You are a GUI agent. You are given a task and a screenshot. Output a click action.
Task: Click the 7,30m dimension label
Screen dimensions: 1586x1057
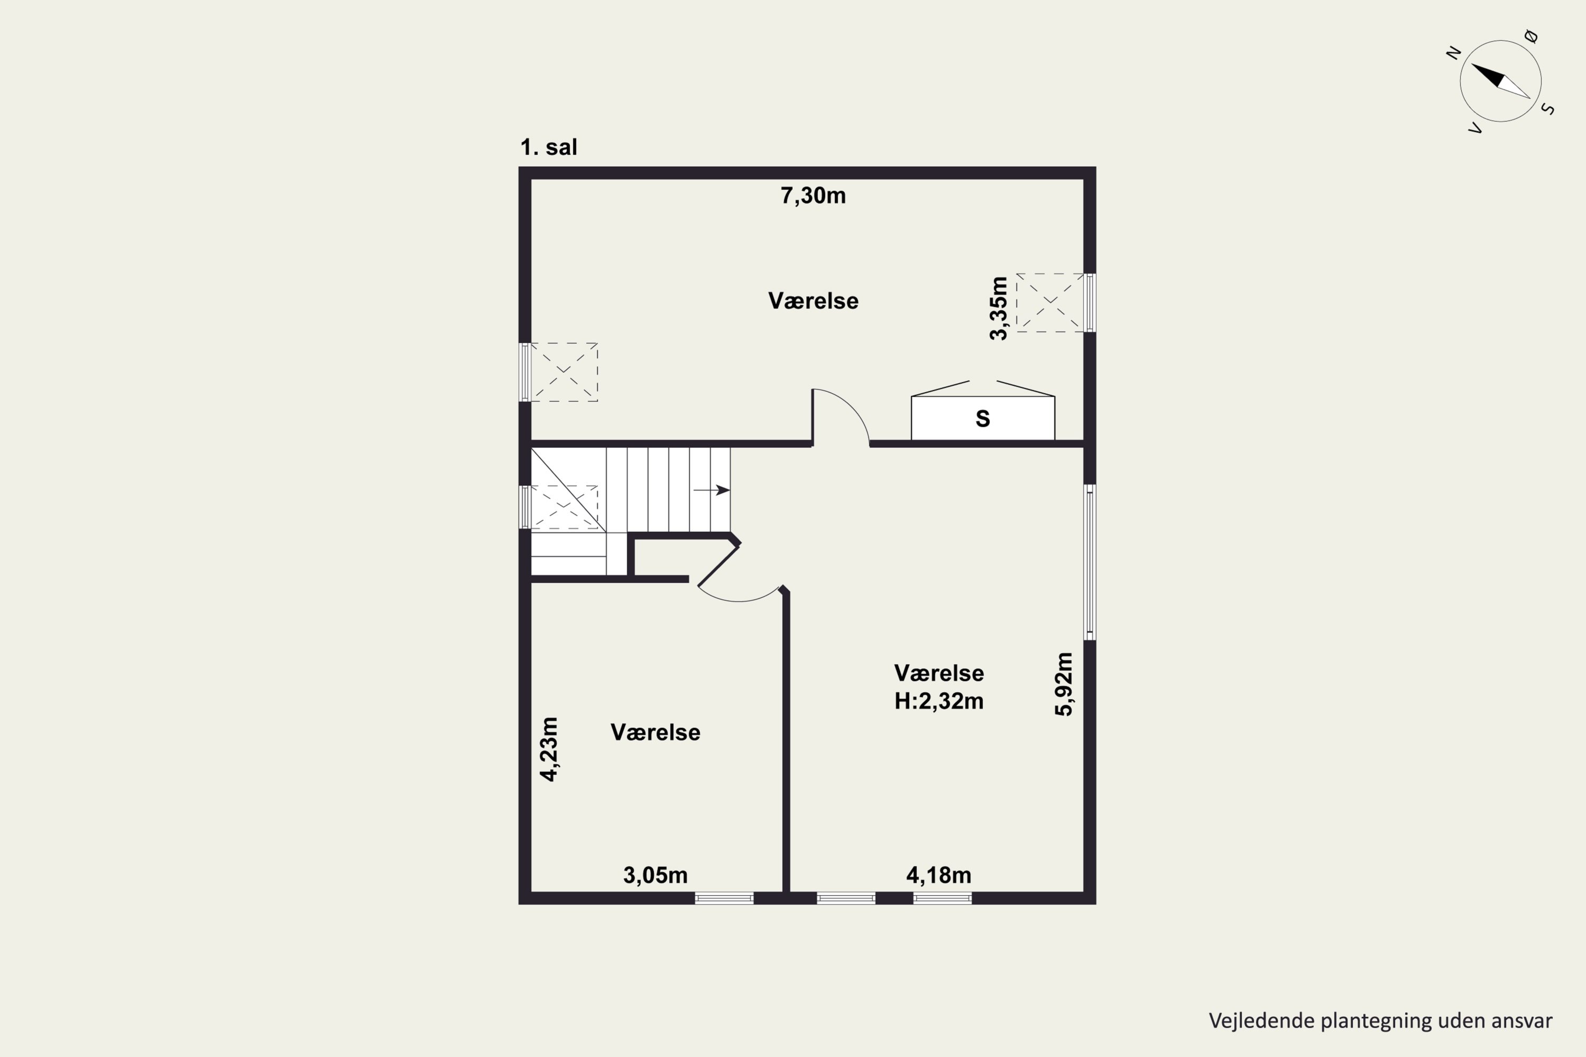point(813,196)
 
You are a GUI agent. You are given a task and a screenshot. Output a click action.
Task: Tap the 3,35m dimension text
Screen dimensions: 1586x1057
point(999,308)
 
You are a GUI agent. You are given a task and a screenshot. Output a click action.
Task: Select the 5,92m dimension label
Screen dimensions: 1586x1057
point(1063,684)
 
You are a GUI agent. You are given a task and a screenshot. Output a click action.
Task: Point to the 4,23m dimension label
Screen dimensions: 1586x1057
point(550,749)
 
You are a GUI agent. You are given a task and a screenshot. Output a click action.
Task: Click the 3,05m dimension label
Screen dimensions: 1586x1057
point(656,876)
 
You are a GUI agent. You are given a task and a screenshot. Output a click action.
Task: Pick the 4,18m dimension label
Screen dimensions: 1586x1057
point(939,876)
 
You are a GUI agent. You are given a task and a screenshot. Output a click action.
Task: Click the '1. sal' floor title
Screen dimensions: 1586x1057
point(549,147)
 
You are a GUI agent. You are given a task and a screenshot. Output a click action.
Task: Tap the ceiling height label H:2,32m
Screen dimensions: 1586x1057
point(939,702)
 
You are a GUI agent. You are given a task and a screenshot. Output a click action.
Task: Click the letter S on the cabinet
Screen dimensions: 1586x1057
point(982,419)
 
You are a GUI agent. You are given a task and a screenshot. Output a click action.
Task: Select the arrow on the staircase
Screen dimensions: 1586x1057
point(712,490)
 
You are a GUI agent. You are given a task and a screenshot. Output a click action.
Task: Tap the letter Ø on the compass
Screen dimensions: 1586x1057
point(1532,37)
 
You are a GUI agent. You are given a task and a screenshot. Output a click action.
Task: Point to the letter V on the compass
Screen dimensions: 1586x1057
point(1476,128)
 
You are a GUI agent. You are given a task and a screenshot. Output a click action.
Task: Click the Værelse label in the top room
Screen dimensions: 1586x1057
point(813,301)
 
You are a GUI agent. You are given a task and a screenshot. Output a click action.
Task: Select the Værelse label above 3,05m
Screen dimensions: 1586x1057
point(656,733)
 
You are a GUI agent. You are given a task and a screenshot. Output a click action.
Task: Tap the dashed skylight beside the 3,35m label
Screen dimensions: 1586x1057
point(1050,303)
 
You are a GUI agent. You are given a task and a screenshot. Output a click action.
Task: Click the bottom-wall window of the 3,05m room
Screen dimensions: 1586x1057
point(724,898)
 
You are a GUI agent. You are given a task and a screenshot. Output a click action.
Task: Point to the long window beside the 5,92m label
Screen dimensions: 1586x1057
point(1090,561)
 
